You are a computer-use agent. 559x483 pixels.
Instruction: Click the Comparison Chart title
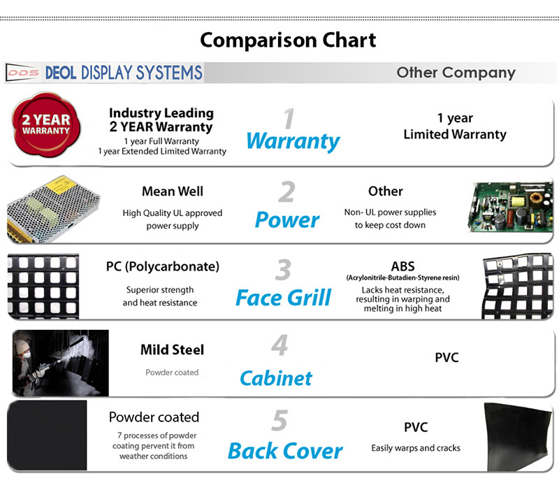click(288, 41)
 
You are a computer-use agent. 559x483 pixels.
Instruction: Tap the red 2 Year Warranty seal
click(46, 124)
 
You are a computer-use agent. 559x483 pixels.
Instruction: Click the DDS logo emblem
click(22, 73)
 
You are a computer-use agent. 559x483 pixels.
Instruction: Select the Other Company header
click(456, 73)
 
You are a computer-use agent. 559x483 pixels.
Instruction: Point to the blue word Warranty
click(293, 141)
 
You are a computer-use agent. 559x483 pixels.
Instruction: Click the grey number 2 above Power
click(287, 192)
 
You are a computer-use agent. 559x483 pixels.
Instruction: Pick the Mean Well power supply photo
click(54, 209)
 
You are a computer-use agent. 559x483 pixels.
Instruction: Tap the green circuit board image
click(510, 208)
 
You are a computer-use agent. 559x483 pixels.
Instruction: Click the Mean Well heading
click(173, 192)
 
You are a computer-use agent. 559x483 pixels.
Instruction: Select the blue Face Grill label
click(284, 298)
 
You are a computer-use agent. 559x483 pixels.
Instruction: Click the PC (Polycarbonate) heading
click(163, 267)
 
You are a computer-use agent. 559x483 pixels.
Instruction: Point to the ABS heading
click(403, 266)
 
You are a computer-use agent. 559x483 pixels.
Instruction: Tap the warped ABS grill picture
click(517, 287)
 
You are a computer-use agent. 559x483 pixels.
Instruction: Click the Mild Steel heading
click(172, 350)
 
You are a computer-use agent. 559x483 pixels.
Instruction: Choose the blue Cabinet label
click(276, 378)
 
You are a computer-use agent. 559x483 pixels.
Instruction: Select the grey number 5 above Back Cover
click(279, 421)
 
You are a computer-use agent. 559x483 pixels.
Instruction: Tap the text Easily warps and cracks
click(416, 448)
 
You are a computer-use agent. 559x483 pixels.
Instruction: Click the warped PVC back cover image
click(518, 437)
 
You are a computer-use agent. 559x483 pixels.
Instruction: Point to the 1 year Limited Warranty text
click(455, 127)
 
